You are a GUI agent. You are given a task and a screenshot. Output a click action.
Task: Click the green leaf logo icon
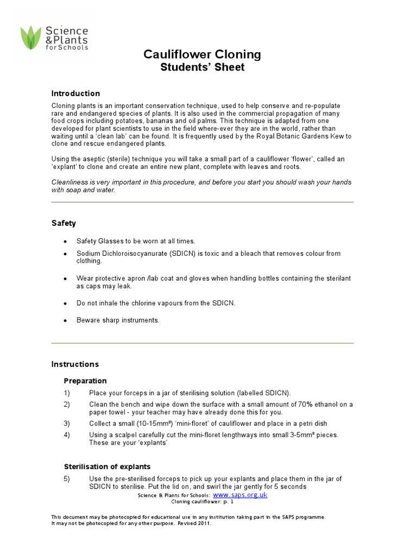point(31,37)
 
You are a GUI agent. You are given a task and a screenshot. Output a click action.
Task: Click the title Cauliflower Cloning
point(202,54)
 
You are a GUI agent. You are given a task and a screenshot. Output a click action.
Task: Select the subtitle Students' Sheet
point(202,67)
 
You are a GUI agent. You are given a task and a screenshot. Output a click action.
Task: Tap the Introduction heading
point(75,93)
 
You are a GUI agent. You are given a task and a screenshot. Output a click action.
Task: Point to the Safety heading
point(64,223)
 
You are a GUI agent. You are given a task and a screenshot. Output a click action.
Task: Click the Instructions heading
point(75,364)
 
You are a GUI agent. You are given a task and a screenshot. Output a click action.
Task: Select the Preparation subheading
point(85,381)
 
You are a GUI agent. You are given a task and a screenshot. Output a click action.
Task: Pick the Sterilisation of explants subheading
point(107,466)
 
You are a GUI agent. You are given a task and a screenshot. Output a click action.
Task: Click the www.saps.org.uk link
point(240,495)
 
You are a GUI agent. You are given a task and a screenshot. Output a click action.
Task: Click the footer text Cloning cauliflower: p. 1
point(202,502)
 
